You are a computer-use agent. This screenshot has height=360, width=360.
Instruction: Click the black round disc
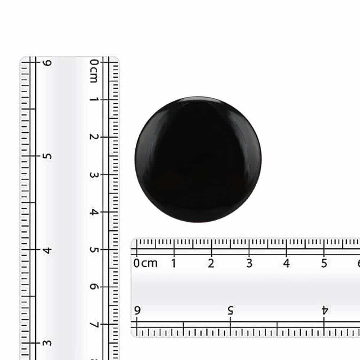pyautogui.click(x=198, y=159)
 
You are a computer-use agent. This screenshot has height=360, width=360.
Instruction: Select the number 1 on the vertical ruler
pyautogui.click(x=94, y=99)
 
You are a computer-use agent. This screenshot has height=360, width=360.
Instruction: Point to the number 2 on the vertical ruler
pyautogui.click(x=94, y=137)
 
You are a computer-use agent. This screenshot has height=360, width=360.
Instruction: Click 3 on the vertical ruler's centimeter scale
pyautogui.click(x=94, y=175)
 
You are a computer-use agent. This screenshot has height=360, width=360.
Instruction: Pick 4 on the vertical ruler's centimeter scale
pyautogui.click(x=94, y=212)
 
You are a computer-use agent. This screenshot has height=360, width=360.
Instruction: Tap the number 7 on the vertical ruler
pyautogui.click(x=94, y=324)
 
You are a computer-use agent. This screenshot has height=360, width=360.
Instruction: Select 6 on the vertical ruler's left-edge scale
pyautogui.click(x=47, y=63)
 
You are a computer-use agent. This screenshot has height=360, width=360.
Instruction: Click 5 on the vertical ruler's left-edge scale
pyautogui.click(x=47, y=156)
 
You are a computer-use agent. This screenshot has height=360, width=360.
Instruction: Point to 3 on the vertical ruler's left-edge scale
pyautogui.click(x=47, y=343)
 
